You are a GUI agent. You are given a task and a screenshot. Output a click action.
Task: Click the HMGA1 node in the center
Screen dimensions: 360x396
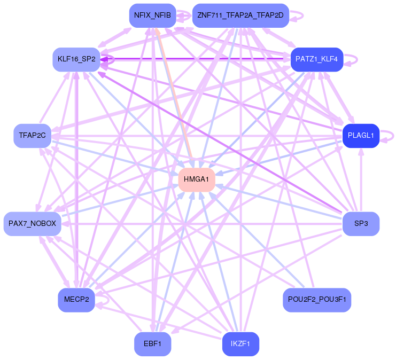click(197, 179)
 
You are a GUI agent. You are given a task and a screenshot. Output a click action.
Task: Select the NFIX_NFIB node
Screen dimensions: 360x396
click(152, 15)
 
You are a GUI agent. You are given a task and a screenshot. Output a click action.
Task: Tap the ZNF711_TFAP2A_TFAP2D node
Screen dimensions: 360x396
click(240, 15)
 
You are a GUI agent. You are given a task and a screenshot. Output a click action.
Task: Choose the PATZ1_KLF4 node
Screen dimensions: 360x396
click(316, 59)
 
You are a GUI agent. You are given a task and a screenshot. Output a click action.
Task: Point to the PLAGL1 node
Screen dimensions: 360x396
click(361, 135)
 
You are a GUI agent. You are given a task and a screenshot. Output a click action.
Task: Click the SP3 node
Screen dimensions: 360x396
click(361, 223)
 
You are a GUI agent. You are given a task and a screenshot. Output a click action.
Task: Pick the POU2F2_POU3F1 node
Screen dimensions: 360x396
click(316, 300)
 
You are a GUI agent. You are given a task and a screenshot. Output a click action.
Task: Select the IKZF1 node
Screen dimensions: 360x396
click(240, 343)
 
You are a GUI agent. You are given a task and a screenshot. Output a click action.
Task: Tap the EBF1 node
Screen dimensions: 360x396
click(152, 343)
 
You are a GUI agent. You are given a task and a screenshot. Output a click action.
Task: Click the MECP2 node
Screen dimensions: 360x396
click(76, 300)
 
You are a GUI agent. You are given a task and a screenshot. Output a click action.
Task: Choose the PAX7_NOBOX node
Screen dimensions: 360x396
click(32, 223)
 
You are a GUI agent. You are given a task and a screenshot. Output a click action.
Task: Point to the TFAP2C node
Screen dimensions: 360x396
click(32, 135)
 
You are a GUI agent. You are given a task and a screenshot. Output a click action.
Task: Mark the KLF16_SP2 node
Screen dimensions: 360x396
click(76, 59)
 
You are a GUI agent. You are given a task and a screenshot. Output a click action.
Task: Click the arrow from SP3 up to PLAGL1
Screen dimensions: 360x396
click(361, 182)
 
